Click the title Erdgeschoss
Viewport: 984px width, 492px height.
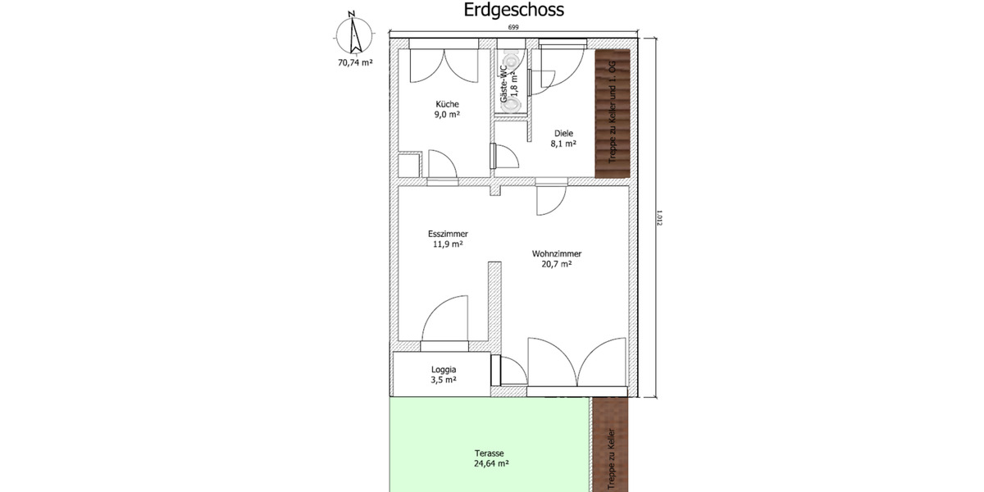coord(513,11)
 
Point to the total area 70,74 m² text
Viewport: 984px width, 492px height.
coord(355,61)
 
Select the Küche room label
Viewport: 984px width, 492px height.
coord(447,104)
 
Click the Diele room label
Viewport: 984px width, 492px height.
coord(563,134)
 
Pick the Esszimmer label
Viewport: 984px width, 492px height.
coord(447,233)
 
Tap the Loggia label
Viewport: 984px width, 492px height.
coord(444,370)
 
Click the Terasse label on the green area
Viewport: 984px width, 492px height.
coord(489,453)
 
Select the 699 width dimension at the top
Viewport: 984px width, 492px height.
coord(513,29)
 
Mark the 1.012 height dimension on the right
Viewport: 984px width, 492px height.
coord(659,219)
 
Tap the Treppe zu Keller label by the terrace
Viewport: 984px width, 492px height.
coord(611,459)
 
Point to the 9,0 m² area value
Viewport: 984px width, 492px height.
coord(447,115)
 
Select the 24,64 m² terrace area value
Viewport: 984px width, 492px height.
coord(489,463)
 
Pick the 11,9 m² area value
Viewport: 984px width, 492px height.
coord(447,244)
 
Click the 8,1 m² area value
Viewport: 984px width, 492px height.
coord(563,144)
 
